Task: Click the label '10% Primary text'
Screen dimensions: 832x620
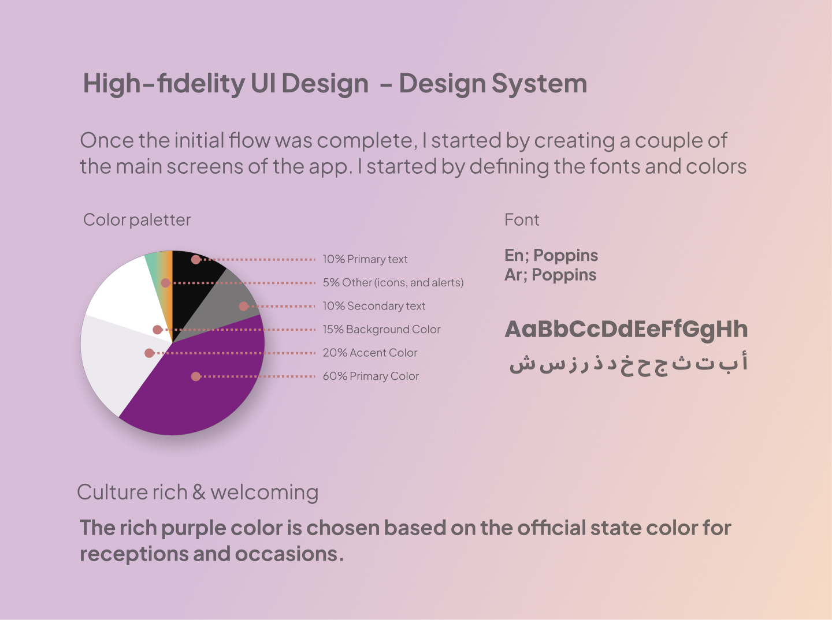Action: tap(365, 259)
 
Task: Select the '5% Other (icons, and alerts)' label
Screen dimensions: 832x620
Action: tap(393, 283)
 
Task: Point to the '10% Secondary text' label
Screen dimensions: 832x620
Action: tap(374, 306)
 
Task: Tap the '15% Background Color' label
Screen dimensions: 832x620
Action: tap(381, 330)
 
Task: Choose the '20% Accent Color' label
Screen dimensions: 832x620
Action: tap(370, 353)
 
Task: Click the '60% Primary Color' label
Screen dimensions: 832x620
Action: tap(371, 376)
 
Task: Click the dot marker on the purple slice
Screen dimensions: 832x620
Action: tap(196, 376)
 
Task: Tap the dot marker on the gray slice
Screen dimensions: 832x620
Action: tap(244, 307)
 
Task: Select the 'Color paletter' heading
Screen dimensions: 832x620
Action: tap(137, 220)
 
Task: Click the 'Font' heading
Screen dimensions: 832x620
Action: tap(522, 220)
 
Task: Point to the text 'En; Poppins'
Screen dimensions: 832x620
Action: tap(551, 256)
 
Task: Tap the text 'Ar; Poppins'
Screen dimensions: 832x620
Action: tap(551, 275)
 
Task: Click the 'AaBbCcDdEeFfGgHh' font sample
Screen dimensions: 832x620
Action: tap(626, 330)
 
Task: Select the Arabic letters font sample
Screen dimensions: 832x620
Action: tap(629, 364)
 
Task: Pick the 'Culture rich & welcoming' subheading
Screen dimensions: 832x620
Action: tap(198, 492)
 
